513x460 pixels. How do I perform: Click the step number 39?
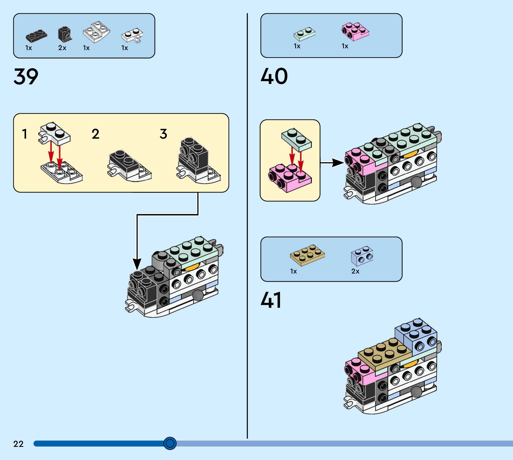coord(26,76)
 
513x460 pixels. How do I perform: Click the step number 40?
coord(274,76)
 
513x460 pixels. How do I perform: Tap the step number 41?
coord(271,300)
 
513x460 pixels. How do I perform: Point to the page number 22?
coord(18,444)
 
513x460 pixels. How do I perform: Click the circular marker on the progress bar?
coord(170,443)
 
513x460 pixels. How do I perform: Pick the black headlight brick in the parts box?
coord(65,34)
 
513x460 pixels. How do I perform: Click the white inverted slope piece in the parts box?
coord(96,32)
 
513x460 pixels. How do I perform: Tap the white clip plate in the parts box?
coord(132,35)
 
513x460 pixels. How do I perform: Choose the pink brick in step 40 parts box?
coord(355,32)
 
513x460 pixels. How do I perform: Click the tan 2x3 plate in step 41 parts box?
coord(307,255)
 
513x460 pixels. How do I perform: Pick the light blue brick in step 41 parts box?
coord(362,256)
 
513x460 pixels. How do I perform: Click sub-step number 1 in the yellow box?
coord(25,134)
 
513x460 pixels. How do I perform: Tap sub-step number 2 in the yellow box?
coord(95,134)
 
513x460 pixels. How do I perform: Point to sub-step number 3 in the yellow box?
coord(164,134)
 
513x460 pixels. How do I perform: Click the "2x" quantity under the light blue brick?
coord(355,271)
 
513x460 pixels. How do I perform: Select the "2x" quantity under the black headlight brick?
coord(62,48)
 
